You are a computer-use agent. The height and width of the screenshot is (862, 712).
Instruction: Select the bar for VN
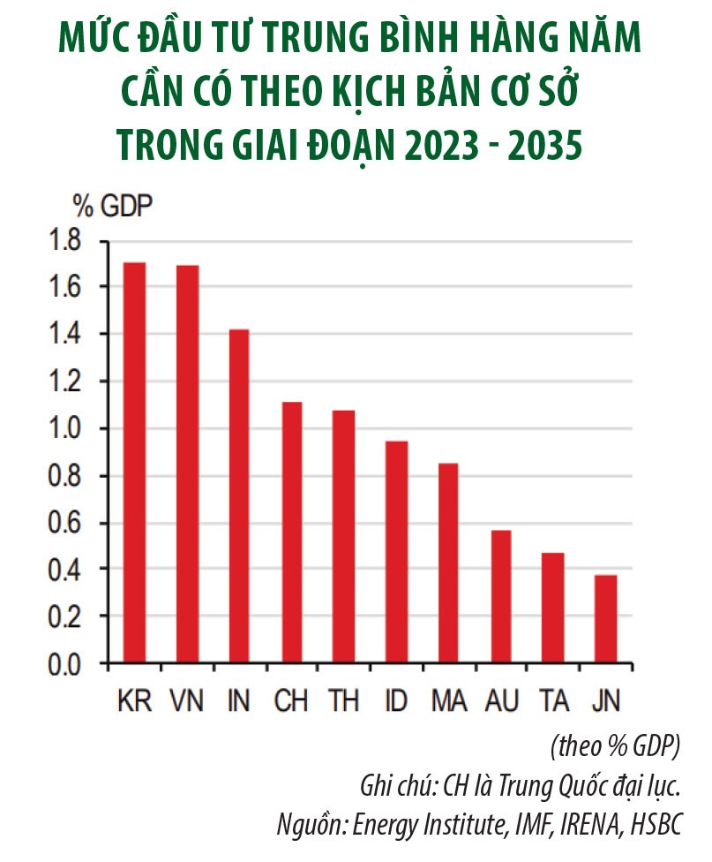tap(187, 464)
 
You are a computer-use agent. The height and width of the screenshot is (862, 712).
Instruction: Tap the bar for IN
tap(238, 495)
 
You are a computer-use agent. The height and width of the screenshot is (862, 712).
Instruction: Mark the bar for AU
tap(501, 596)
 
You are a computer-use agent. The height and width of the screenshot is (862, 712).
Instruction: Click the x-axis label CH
tap(290, 701)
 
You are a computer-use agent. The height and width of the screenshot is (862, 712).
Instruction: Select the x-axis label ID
tap(396, 701)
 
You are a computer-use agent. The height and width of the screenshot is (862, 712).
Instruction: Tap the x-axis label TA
tap(553, 701)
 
